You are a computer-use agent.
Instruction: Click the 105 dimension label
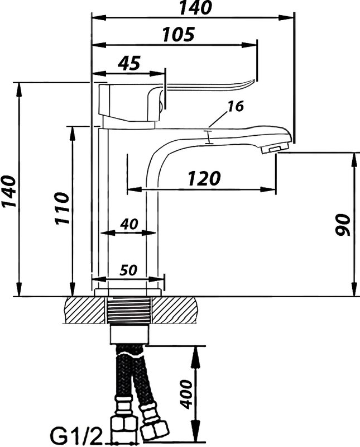tap(179, 34)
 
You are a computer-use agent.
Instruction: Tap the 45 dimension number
tap(129, 63)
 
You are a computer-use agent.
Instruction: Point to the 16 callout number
tap(235, 106)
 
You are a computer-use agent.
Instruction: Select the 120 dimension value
tap(204, 178)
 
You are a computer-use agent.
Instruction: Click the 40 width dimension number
tap(129, 224)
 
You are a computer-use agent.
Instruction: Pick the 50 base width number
tap(128, 270)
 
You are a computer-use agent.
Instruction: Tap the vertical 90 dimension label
tap(342, 225)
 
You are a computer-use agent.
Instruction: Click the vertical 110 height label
tap(62, 208)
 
